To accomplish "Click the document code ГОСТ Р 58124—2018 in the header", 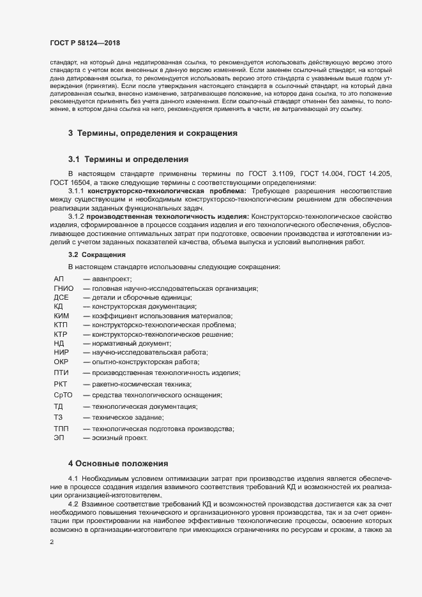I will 86,42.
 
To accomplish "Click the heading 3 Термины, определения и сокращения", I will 153,133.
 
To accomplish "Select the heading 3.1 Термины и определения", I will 128,159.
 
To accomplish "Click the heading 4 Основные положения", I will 118,463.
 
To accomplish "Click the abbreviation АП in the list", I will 59,279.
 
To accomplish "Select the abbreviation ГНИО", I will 64,288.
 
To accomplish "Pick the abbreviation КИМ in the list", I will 62,316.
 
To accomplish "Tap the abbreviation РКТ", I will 62,384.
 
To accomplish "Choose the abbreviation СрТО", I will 64,395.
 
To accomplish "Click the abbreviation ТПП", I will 62,429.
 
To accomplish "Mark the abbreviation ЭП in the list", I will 59,438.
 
